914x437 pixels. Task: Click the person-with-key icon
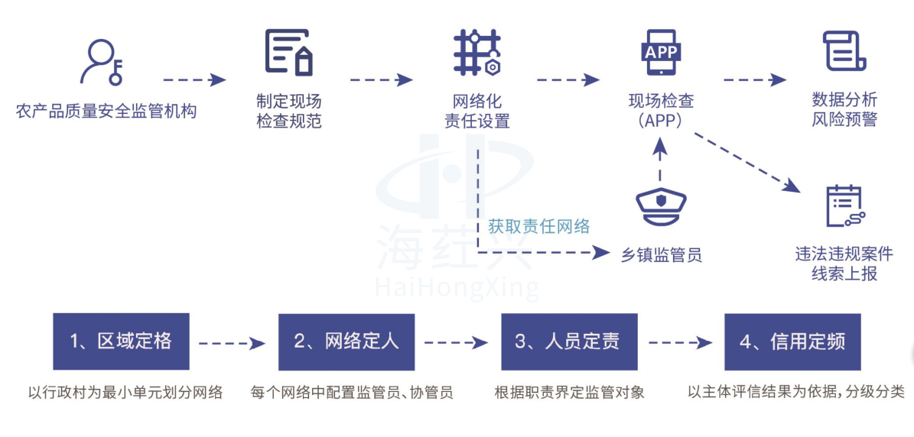point(102,61)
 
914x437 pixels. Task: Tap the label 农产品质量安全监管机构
point(106,112)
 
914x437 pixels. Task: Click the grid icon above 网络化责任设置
point(476,52)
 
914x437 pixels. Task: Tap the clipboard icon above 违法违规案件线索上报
point(844,206)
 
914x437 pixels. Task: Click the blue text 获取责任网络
point(539,226)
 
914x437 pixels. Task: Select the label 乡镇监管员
point(662,254)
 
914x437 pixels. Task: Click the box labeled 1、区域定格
point(121,342)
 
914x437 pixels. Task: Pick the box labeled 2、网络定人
point(346,342)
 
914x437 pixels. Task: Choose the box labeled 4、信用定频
point(792,342)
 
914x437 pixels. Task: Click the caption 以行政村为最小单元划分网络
point(125,393)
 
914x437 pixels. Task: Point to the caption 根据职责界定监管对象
point(569,393)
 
